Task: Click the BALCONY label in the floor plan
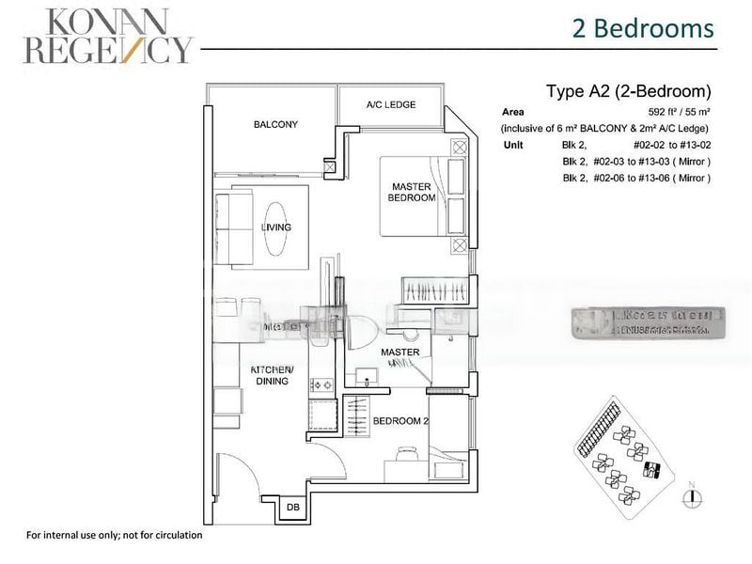(275, 124)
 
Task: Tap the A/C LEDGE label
(391, 104)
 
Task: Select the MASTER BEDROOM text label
(413, 193)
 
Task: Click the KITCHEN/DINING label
(273, 375)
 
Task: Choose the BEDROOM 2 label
(401, 421)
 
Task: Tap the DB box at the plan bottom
(292, 508)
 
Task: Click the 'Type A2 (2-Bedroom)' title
(628, 92)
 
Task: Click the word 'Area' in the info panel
(513, 112)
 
